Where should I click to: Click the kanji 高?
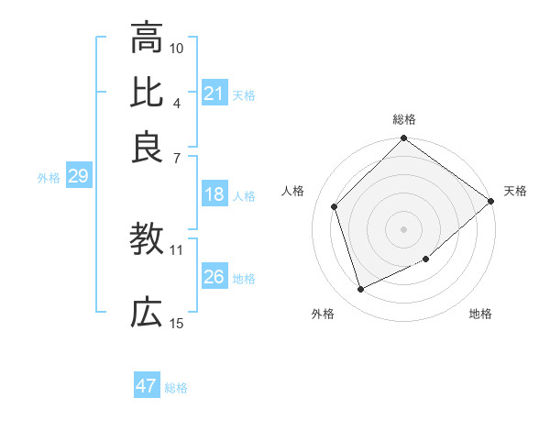click(147, 38)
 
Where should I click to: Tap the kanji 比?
click(147, 93)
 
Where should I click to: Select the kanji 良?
click(147, 147)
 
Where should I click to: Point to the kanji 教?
click(147, 240)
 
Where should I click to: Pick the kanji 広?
click(147, 313)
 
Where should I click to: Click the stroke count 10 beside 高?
click(177, 47)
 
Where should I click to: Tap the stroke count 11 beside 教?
click(177, 249)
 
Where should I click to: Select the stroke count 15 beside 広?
click(177, 322)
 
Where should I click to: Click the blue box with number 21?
click(214, 94)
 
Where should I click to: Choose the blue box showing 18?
click(214, 194)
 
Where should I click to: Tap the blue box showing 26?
click(214, 277)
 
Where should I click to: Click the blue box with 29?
click(78, 176)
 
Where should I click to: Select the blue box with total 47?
click(147, 386)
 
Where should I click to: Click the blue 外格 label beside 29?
click(49, 178)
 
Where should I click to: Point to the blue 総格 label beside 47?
click(176, 388)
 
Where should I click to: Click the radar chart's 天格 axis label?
click(515, 191)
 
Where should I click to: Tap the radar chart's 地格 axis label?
click(480, 314)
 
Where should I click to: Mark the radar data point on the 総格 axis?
click(403, 139)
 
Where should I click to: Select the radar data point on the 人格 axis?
click(335, 206)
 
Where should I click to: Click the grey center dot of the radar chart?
click(403, 228)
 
